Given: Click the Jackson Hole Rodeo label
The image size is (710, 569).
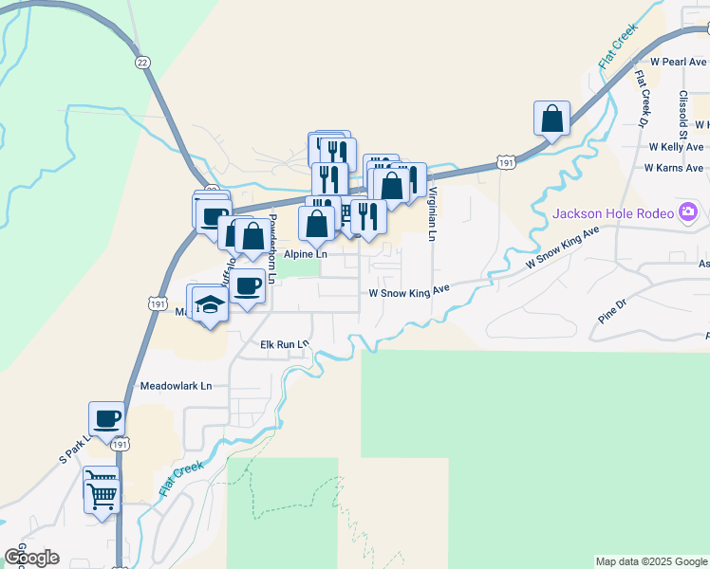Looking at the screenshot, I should point(613,212).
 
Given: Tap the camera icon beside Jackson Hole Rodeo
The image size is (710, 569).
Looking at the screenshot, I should point(688,211).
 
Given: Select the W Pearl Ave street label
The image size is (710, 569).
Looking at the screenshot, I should point(673,61).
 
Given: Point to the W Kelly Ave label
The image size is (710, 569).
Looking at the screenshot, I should point(676,147).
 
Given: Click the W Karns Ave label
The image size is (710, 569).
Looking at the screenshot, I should point(674,168).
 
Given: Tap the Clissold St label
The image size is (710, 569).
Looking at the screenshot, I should point(682,111).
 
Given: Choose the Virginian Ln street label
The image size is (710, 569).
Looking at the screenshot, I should point(433,212).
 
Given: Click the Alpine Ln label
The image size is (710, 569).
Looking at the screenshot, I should point(306,254).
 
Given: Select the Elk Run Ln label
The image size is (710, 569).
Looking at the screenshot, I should point(285,344).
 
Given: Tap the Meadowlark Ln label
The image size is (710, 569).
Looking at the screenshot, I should point(176,387).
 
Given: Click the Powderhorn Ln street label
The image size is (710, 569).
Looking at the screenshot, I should point(271,248).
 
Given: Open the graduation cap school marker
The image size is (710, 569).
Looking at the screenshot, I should point(210,304).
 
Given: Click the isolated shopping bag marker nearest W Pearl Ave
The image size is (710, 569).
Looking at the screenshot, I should point(551,119).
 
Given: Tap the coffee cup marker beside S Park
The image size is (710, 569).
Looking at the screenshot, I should point(106,418).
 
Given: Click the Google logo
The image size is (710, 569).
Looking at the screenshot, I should point(31,558).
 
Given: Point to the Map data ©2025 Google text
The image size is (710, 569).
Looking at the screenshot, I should point(651,561).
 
